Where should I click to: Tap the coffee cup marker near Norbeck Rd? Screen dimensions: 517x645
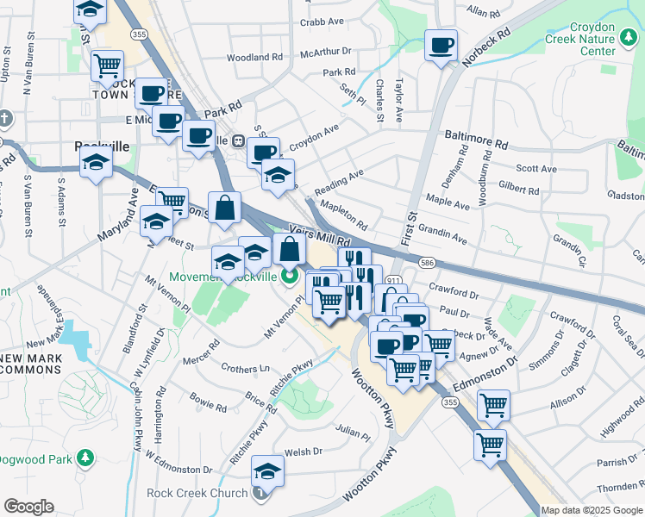click(x=441, y=45)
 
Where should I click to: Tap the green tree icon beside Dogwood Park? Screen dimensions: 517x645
click(x=85, y=457)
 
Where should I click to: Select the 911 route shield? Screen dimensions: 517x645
click(x=393, y=282)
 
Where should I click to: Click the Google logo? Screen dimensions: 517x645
click(x=28, y=507)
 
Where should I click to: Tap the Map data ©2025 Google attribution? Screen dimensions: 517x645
click(x=592, y=510)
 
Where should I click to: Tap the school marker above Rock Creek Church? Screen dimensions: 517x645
click(x=268, y=470)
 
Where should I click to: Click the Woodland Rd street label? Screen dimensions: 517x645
click(x=254, y=58)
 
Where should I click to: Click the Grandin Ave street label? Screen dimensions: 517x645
click(x=441, y=233)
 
